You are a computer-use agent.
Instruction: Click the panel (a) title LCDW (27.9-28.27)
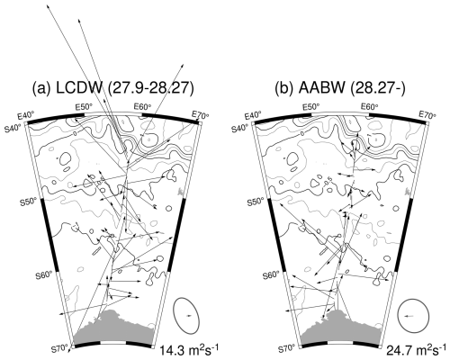click(x=112, y=89)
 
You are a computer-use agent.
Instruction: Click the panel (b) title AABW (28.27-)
click(x=340, y=89)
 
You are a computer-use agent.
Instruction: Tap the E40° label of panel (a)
click(x=26, y=115)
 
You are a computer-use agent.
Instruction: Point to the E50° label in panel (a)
click(x=84, y=106)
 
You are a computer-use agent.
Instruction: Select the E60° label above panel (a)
click(x=142, y=106)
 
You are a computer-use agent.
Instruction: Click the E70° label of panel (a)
click(x=200, y=115)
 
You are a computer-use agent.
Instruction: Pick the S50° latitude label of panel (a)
click(x=29, y=202)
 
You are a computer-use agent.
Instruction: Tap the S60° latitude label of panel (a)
click(x=44, y=274)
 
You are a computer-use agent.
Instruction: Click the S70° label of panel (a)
click(x=59, y=348)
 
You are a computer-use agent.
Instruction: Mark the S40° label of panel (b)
click(x=240, y=129)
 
